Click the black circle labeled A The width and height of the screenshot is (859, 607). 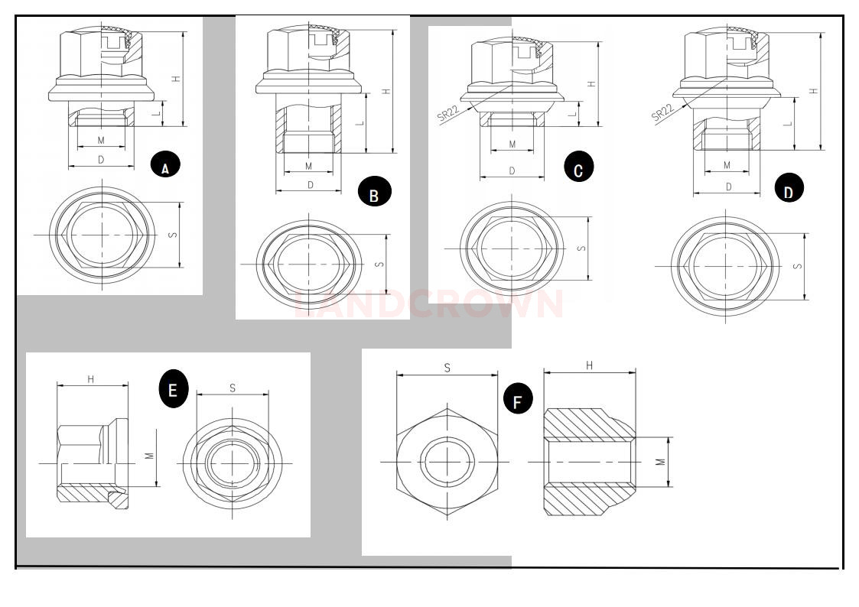coord(165,164)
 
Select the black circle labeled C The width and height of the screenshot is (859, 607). coord(578,167)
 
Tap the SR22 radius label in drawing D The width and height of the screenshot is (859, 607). coord(663,112)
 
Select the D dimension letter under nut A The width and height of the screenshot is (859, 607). coord(100,159)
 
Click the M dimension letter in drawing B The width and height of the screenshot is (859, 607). coord(309,166)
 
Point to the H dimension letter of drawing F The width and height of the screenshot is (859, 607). coord(589,366)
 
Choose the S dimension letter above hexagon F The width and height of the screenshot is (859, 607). coord(447,368)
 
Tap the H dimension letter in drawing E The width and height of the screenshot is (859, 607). coord(90,379)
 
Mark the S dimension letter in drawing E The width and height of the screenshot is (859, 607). coord(233,388)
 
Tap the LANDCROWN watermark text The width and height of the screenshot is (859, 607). coord(429,304)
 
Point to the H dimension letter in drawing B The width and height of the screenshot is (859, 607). coord(386,91)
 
